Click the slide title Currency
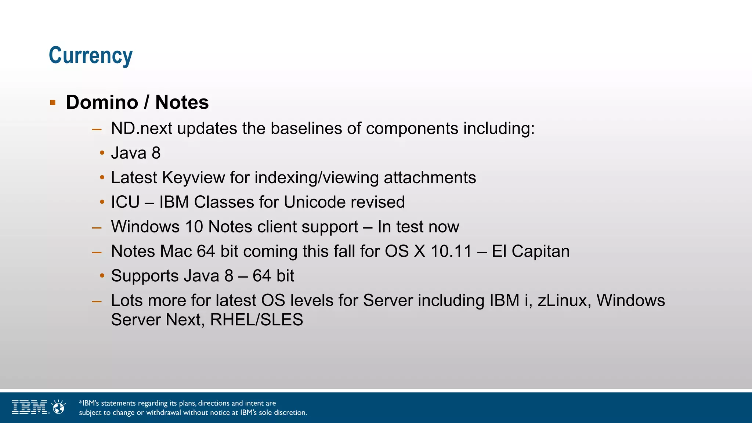(x=90, y=56)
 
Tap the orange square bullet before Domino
(x=53, y=102)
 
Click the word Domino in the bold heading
(x=102, y=102)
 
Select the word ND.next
(x=141, y=129)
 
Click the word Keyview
(x=194, y=178)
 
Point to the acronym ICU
(x=125, y=202)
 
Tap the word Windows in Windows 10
(x=145, y=227)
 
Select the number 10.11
(x=451, y=252)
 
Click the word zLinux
(x=564, y=301)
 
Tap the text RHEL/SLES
(x=256, y=320)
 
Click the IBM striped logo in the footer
(x=29, y=407)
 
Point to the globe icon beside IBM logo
(x=58, y=407)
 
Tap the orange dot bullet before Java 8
(x=102, y=153)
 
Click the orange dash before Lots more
(x=97, y=301)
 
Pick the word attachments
(x=430, y=178)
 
